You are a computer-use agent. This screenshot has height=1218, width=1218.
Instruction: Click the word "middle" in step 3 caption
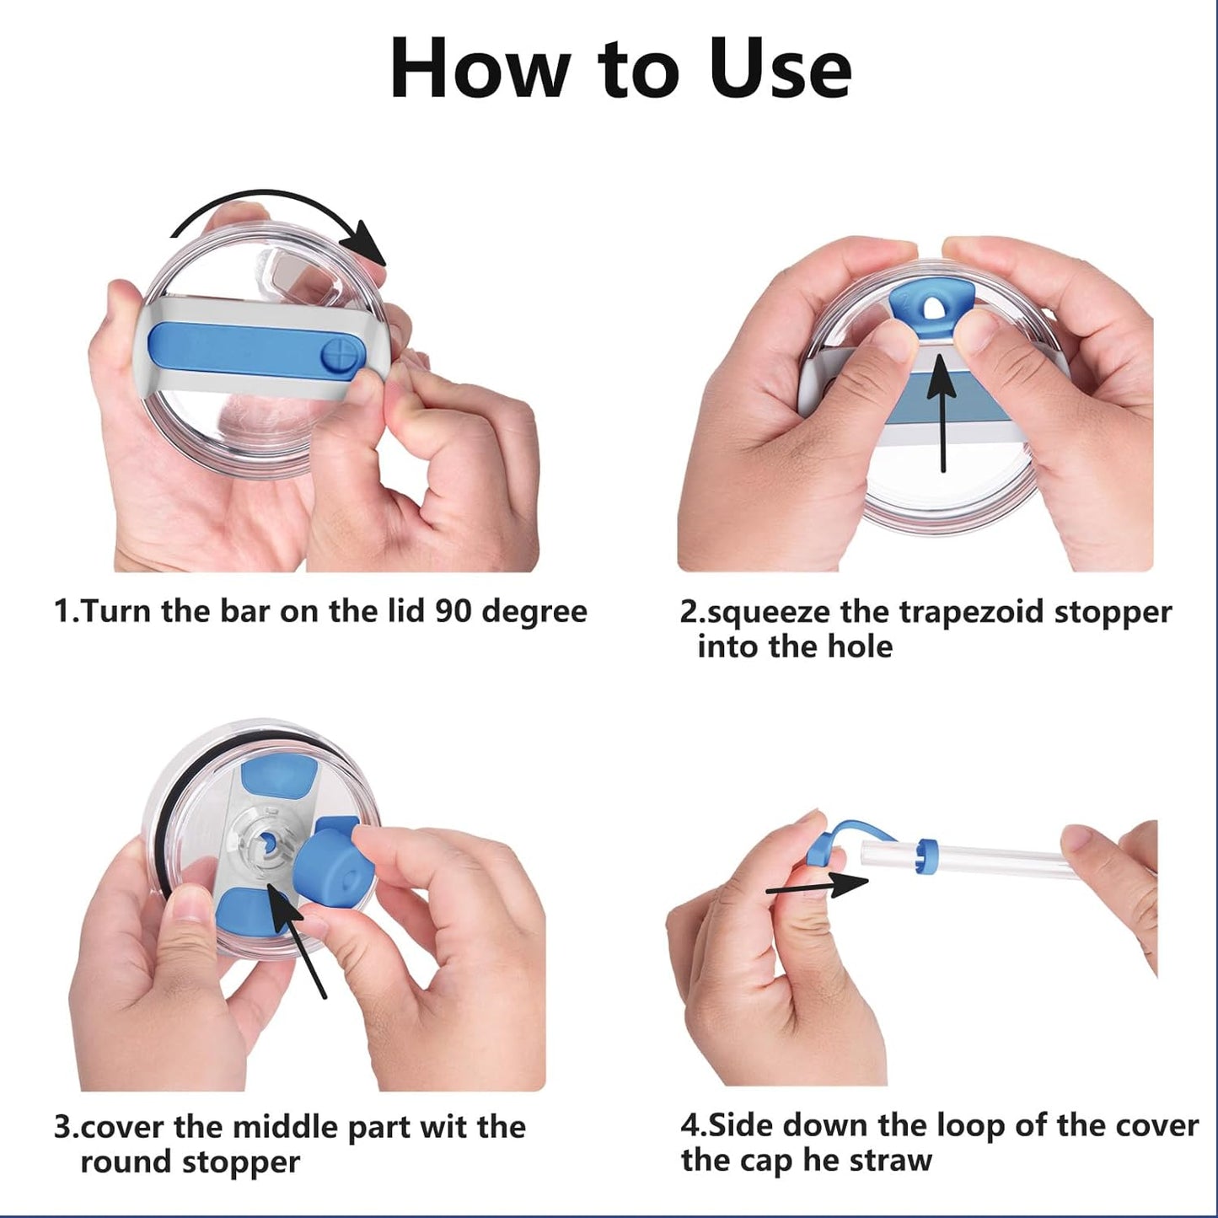(290, 1127)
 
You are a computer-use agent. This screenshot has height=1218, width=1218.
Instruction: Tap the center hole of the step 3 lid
(266, 840)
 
